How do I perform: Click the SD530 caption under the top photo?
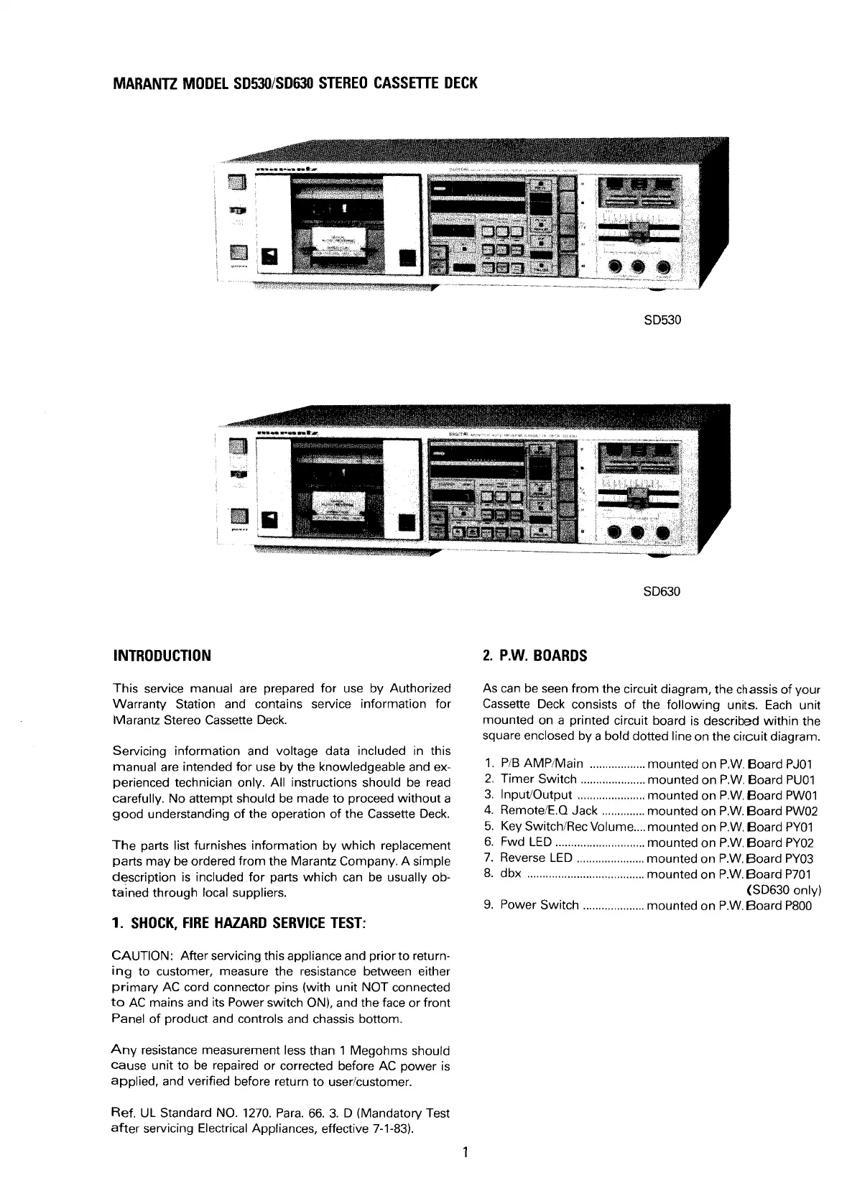[662, 319]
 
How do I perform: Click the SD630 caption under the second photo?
[662, 592]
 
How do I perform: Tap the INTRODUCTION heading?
[162, 656]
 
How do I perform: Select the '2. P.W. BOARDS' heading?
[535, 656]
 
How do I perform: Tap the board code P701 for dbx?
[799, 874]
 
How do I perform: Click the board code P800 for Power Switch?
[797, 906]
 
